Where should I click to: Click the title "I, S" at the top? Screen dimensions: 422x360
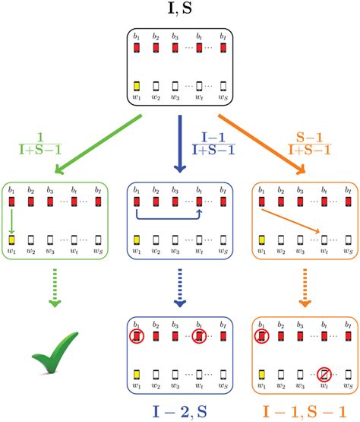pos(180,11)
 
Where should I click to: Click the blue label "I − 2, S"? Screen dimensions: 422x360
pos(181,411)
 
